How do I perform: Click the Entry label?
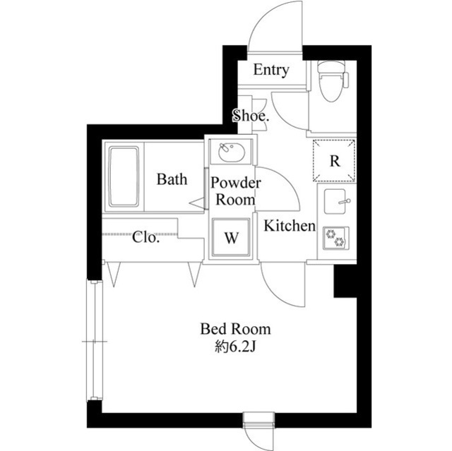[271, 70]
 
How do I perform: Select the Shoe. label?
[250, 116]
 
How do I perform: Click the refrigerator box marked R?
[335, 160]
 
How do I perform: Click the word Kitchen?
[289, 227]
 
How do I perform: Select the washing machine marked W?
[231, 238]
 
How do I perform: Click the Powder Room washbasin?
[230, 151]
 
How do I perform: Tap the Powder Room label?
[235, 191]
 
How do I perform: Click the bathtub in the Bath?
[124, 176]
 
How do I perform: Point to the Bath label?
[172, 179]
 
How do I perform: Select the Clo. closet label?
[146, 237]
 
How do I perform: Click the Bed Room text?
[235, 329]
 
